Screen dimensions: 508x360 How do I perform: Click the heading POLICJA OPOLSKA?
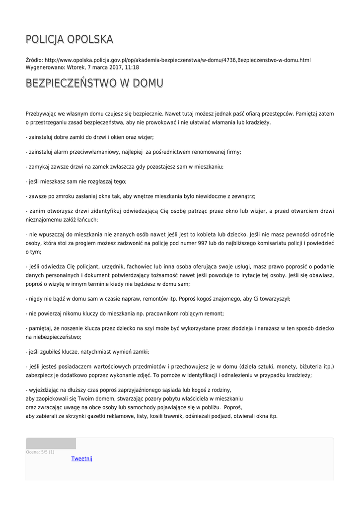coord(69,39)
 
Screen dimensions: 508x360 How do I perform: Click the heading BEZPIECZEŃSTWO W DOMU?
coord(94,82)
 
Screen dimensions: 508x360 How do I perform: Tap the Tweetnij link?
coord(81,458)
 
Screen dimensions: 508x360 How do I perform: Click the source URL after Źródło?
coord(177,60)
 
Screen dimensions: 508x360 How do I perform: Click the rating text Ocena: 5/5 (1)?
coord(40,452)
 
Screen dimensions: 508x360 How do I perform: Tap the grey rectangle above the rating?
coord(51,444)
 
